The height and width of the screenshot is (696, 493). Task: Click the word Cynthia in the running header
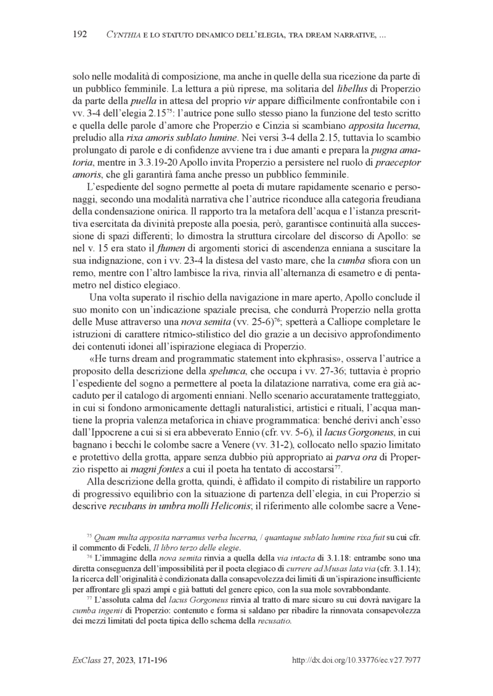125,33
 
